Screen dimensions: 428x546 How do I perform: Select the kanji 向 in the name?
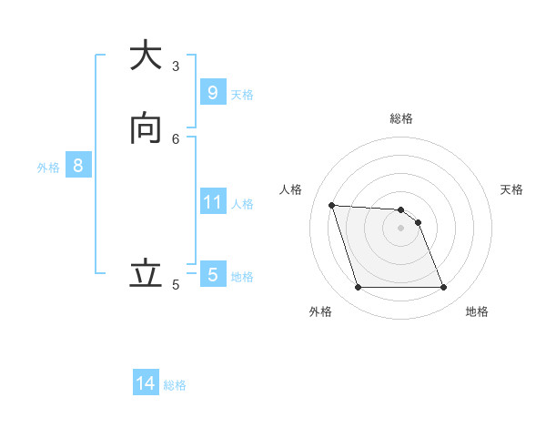[146, 128]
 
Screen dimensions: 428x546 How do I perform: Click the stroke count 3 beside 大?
[176, 66]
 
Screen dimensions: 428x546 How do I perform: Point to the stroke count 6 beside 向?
[176, 138]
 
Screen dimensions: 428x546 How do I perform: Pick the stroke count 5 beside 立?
[176, 284]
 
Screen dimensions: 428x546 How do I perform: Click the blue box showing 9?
[212, 92]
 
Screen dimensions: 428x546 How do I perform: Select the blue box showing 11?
[212, 201]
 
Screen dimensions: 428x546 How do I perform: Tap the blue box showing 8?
[78, 166]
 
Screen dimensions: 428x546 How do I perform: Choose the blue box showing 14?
[146, 383]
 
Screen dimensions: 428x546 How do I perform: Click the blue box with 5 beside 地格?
[212, 274]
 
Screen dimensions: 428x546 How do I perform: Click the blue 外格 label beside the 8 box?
[48, 168]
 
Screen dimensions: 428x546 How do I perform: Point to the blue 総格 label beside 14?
[175, 385]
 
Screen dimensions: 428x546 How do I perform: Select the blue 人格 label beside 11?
[243, 203]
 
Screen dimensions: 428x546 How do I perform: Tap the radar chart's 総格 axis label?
[401, 118]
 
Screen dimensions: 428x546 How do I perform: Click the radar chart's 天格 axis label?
[511, 189]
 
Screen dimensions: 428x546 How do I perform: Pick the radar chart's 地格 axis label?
[477, 311]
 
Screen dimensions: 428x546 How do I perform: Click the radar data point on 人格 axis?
[332, 206]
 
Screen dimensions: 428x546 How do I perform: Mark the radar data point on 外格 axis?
[358, 288]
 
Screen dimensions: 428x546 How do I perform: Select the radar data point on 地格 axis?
[443, 288]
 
